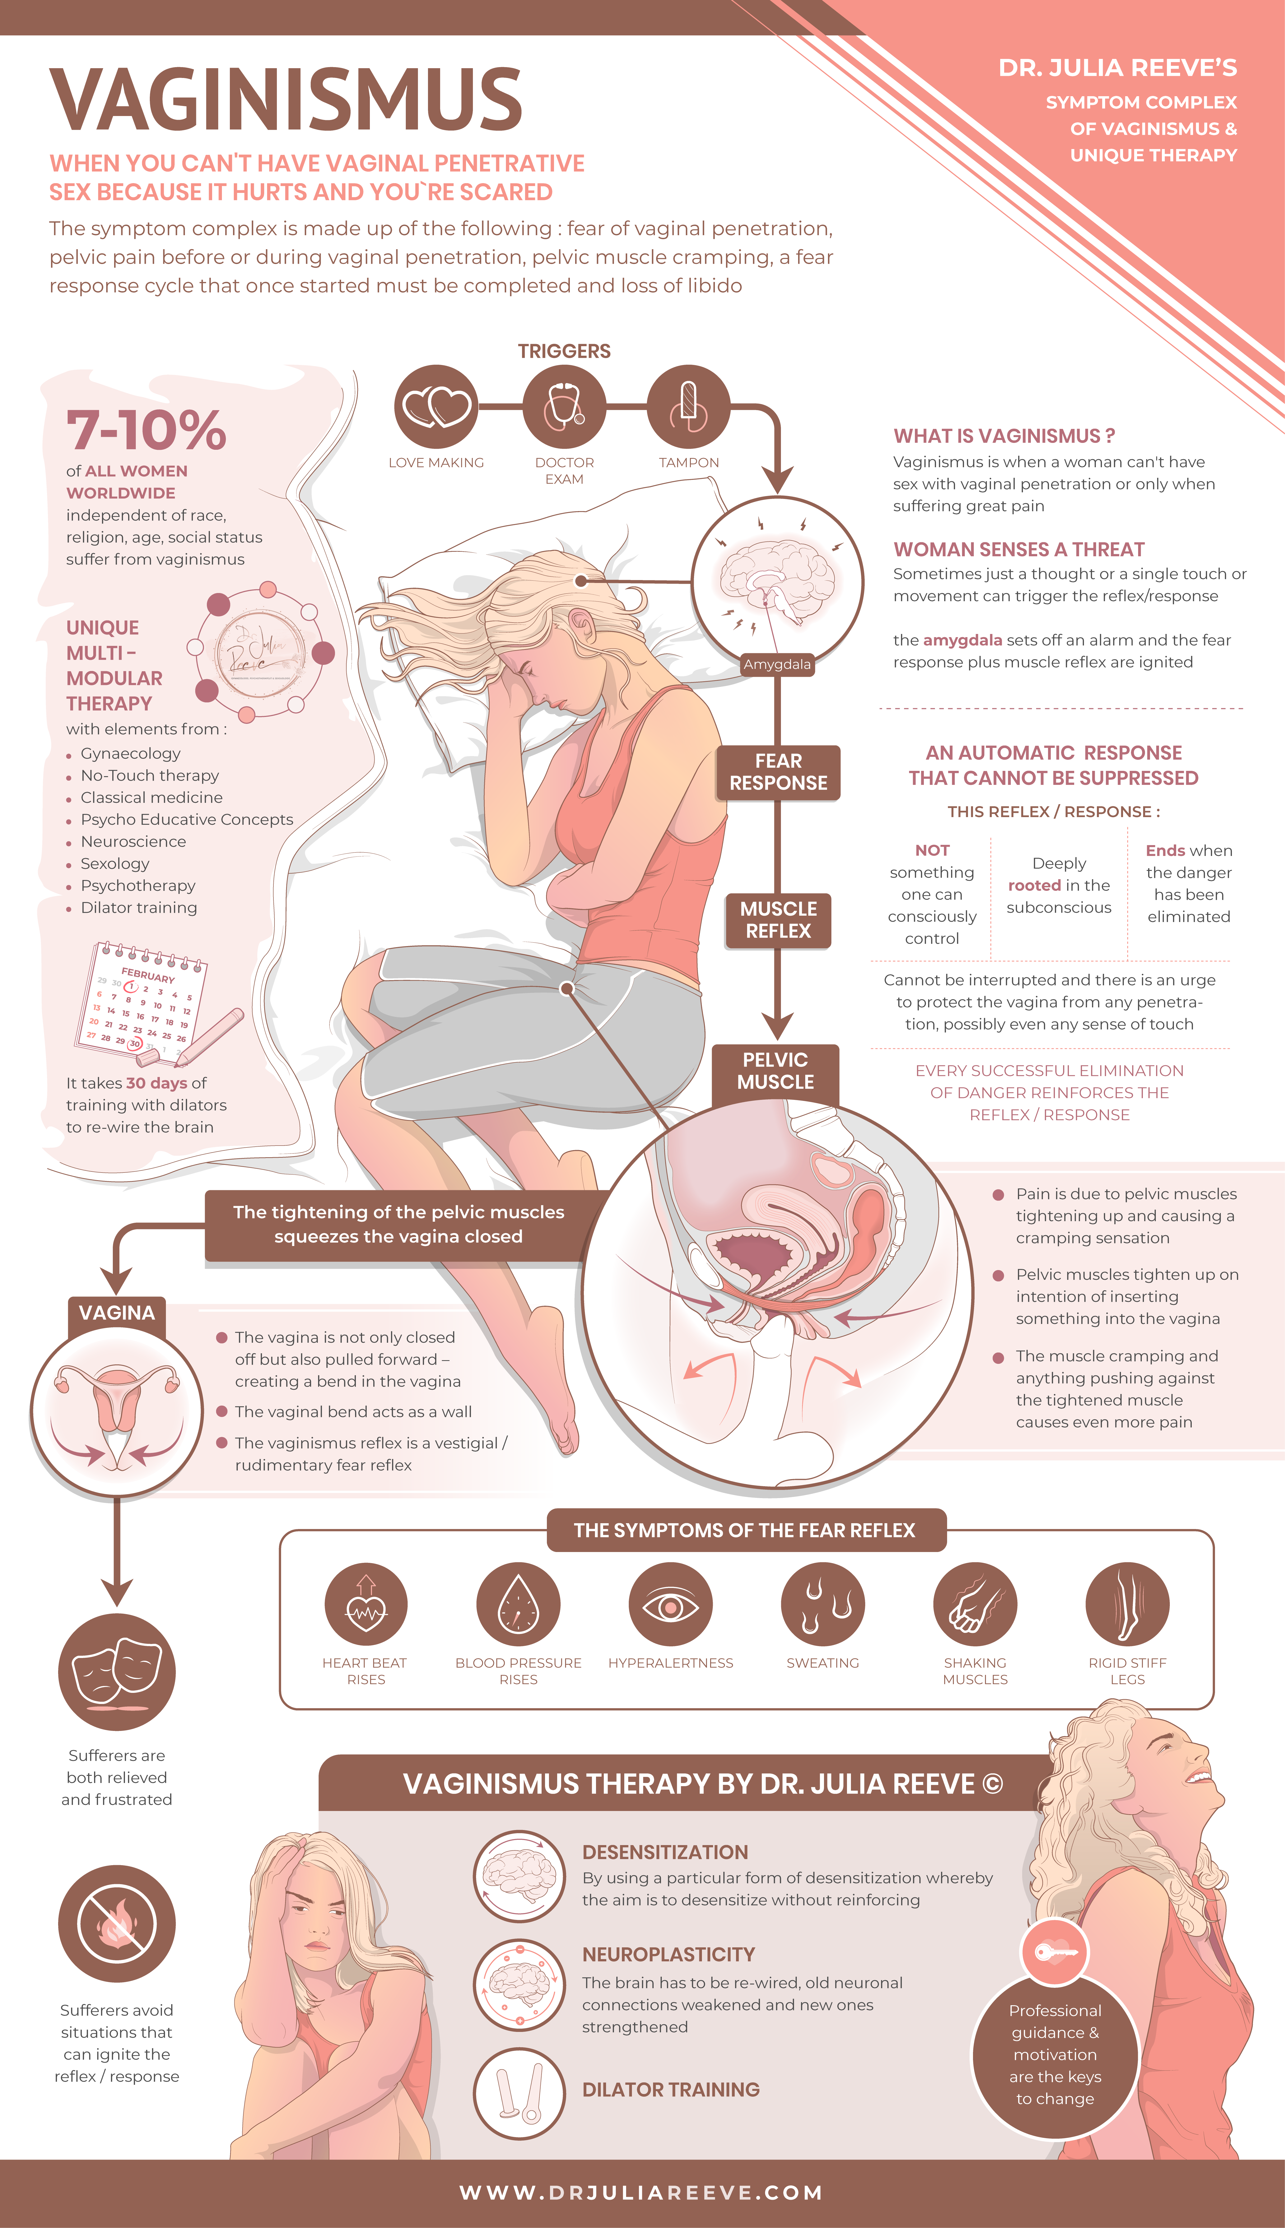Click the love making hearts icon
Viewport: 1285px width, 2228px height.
(436, 407)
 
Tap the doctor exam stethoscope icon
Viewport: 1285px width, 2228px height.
(564, 407)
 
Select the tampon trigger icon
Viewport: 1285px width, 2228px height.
(688, 407)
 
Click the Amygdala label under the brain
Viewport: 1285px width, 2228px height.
(777, 664)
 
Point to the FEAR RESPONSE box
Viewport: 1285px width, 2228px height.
(777, 772)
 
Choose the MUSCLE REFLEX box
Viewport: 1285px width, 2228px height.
(777, 920)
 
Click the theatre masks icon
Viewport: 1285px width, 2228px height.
(117, 1672)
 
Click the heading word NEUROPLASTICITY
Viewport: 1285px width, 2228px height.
(668, 1954)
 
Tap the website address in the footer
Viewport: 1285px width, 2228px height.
(642, 2193)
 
